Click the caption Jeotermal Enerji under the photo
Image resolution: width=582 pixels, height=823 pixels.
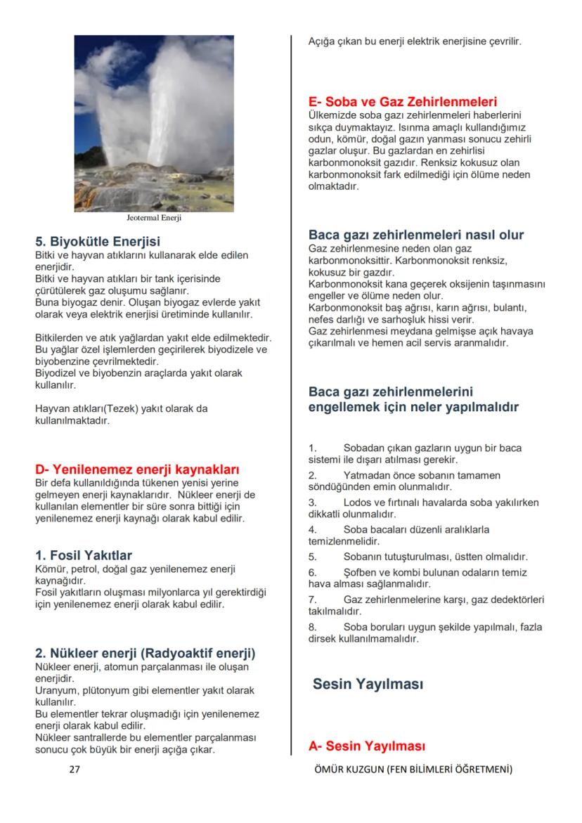[154, 218]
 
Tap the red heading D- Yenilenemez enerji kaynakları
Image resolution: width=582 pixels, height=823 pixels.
[137, 469]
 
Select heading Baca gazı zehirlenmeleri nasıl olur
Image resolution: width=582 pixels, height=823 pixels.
[416, 235]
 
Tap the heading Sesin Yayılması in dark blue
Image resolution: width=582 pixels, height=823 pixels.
[368, 683]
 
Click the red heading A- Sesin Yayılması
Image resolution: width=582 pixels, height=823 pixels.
[367, 746]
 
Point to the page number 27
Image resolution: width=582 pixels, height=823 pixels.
[75, 770]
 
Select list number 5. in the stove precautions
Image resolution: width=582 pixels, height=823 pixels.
[313, 557]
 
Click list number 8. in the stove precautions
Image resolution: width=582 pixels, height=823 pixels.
[313, 627]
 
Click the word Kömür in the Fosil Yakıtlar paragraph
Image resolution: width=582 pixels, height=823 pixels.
[49, 569]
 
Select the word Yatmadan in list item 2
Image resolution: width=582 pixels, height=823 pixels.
[365, 476]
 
